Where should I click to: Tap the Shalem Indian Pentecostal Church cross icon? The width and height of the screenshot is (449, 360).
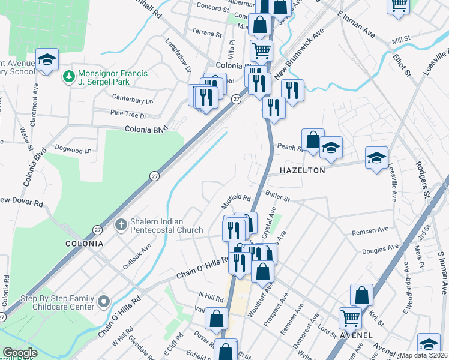tap(120, 224)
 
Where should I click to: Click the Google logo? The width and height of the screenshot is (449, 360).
tap(20, 353)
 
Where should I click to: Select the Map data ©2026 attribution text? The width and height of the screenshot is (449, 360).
tap(424, 355)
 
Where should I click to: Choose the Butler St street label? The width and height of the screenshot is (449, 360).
tap(278, 197)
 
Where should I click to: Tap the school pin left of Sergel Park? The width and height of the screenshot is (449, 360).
tap(46, 59)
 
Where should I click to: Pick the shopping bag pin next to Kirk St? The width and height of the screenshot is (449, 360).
tap(362, 294)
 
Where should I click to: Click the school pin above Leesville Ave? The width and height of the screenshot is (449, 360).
tap(376, 158)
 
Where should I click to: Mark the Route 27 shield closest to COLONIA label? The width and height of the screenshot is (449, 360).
tap(97, 230)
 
